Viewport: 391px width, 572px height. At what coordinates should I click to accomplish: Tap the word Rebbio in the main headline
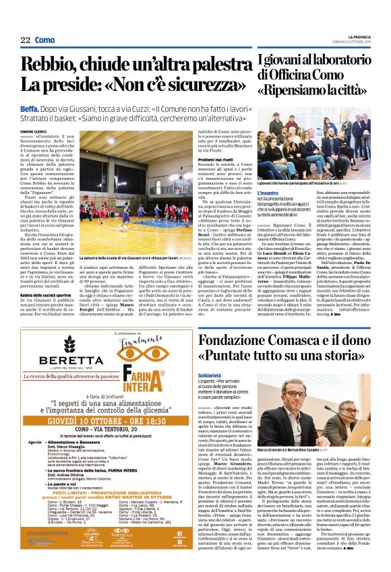pyautogui.click(x=54, y=65)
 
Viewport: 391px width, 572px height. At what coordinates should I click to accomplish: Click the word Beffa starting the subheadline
pyautogui.click(x=29, y=108)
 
